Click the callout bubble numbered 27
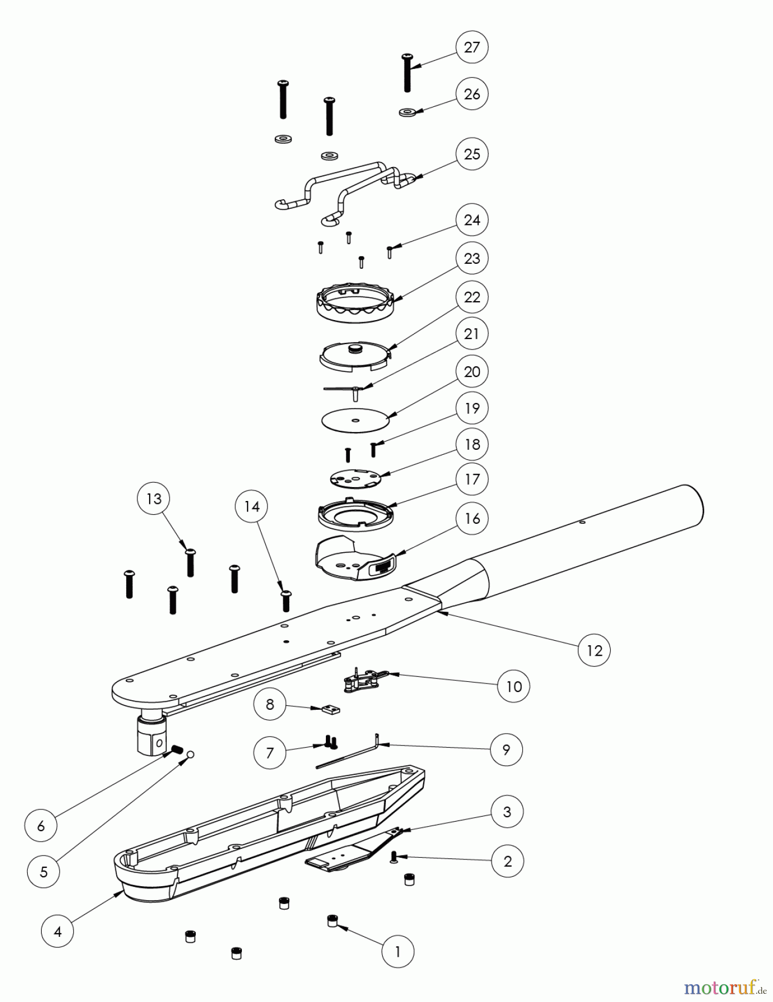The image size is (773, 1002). click(472, 47)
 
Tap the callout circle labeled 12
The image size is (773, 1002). click(594, 650)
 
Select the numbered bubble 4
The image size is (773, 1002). click(58, 931)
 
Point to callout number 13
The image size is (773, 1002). click(153, 499)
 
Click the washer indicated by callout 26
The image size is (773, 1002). click(408, 112)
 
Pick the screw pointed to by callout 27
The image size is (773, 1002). click(407, 72)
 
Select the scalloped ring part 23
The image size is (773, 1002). click(356, 303)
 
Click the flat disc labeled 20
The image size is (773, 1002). click(355, 419)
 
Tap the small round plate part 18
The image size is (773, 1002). click(355, 477)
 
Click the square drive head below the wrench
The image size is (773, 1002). click(152, 734)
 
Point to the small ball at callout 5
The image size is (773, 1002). click(190, 754)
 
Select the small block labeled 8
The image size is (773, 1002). click(330, 709)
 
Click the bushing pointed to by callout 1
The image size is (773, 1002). click(332, 921)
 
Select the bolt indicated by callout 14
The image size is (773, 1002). click(286, 600)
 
